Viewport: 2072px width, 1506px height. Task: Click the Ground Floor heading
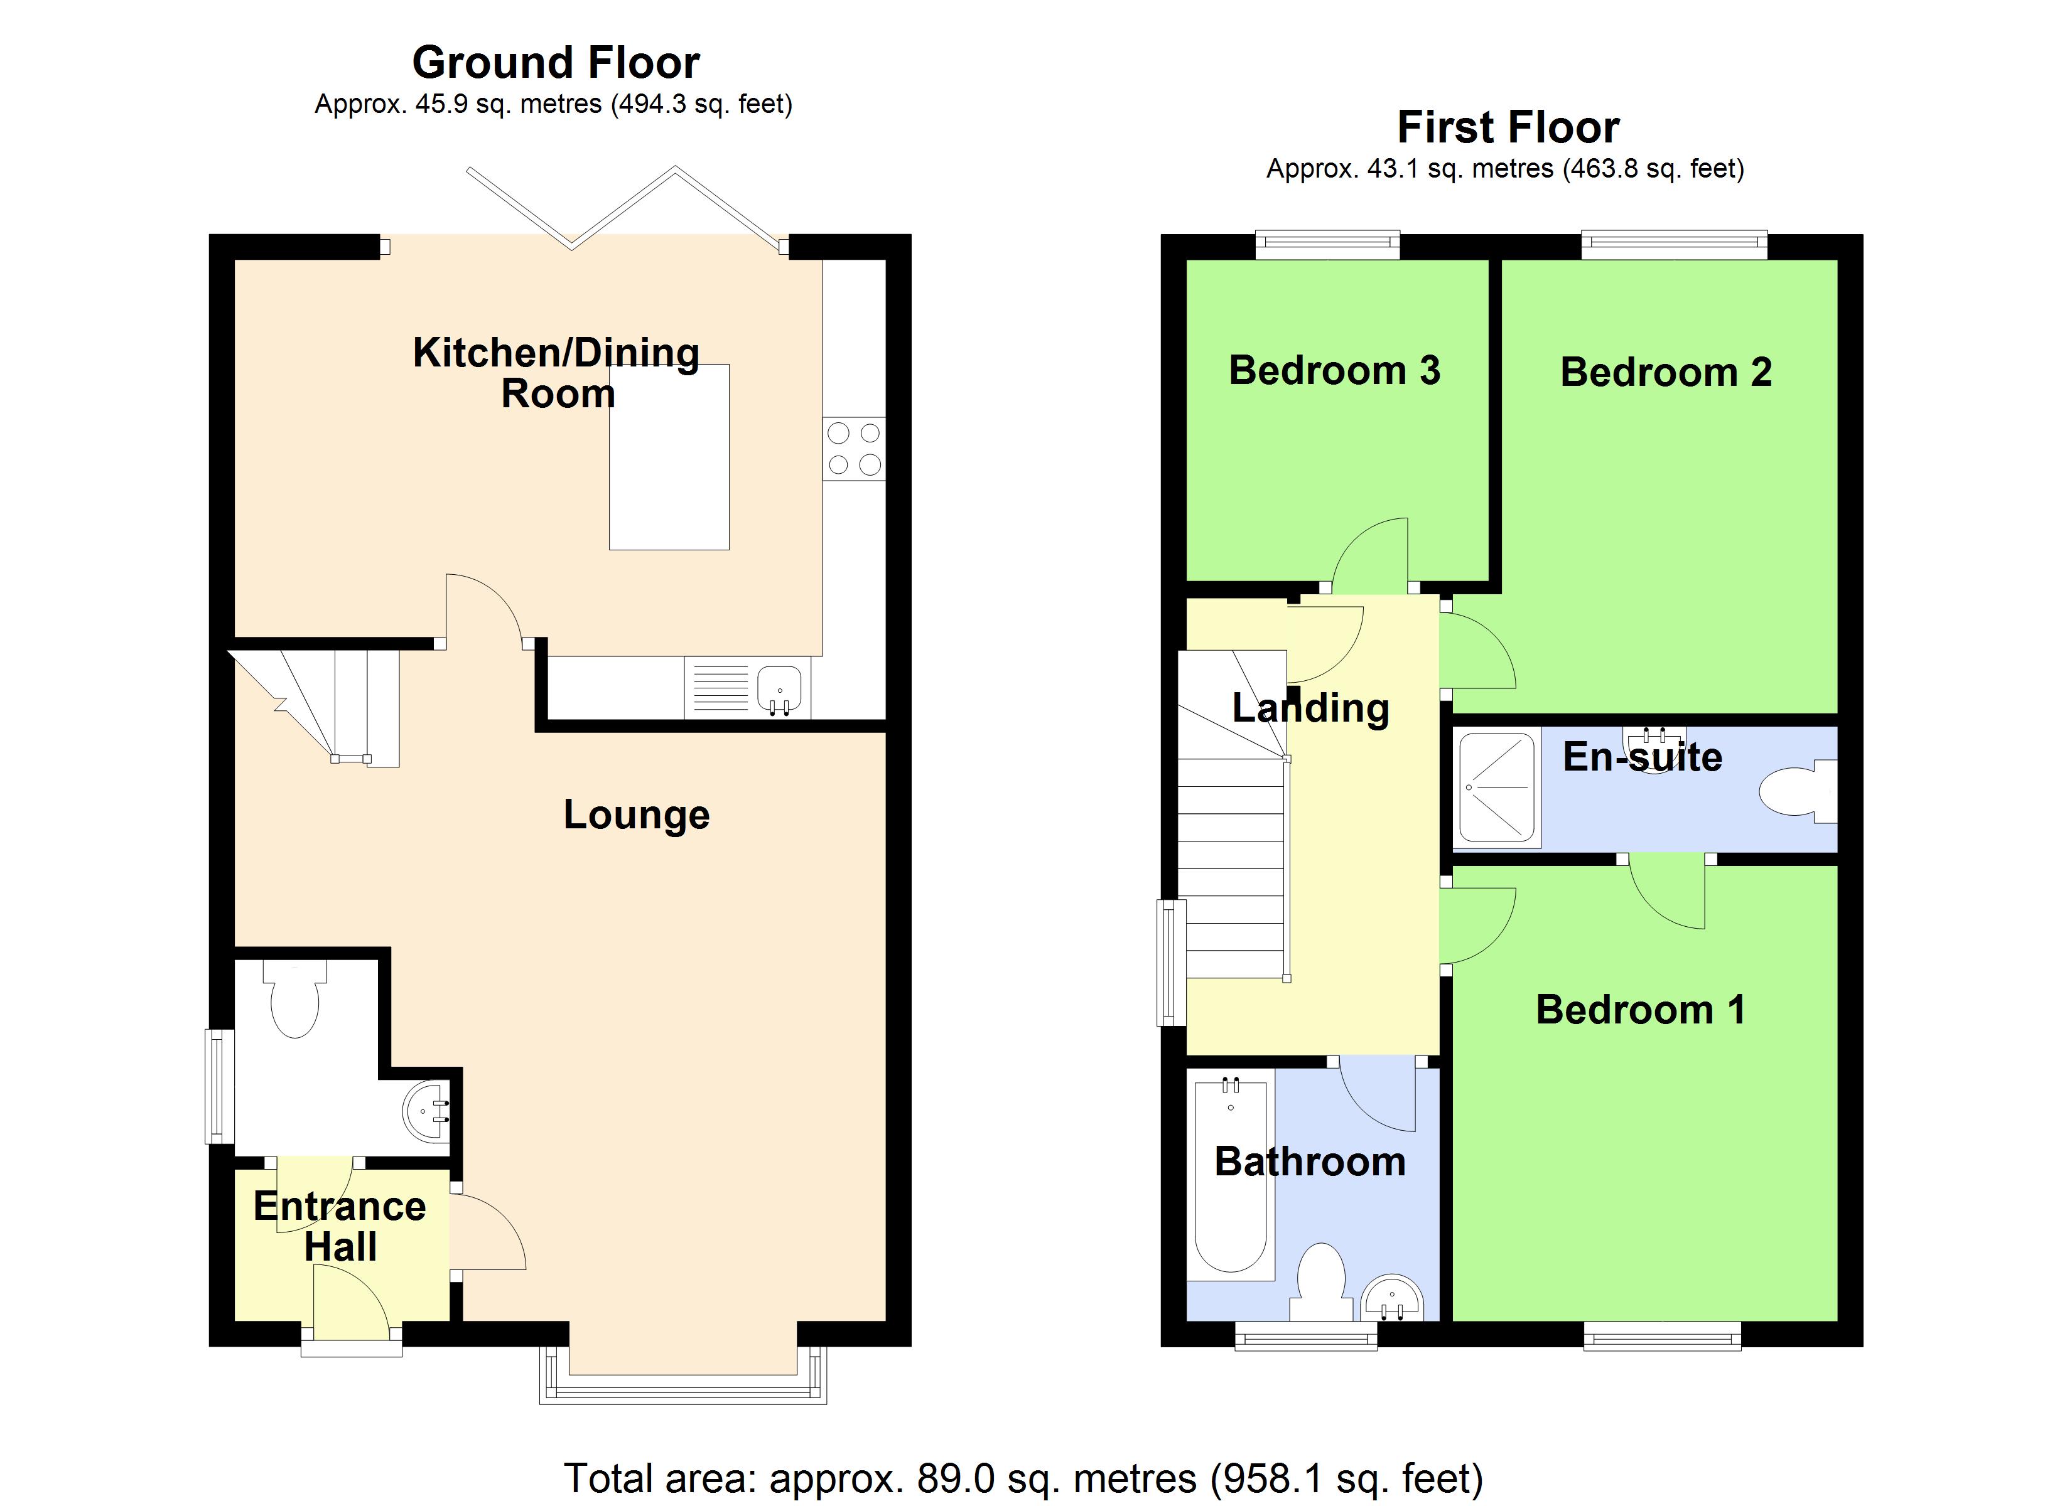coord(556,63)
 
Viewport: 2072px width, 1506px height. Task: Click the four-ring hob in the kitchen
coord(853,449)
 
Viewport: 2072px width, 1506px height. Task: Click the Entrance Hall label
coord(340,1226)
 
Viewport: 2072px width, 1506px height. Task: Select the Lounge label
coord(636,814)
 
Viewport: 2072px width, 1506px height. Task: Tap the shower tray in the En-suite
coord(1496,788)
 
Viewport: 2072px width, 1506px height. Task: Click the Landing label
coord(1310,708)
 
